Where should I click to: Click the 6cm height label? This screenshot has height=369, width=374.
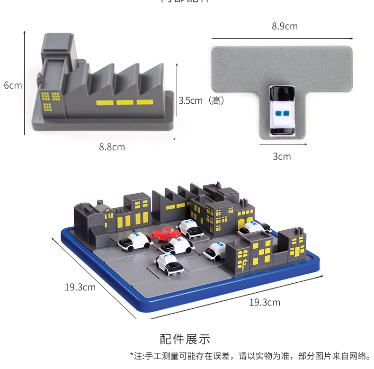point(13,86)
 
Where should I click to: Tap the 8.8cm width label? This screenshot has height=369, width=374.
point(112,147)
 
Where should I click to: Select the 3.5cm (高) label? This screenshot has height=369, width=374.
point(201,100)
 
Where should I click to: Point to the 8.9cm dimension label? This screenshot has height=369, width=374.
point(285,27)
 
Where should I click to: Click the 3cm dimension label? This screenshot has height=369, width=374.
point(282,156)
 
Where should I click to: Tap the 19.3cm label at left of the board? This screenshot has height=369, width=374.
point(80,287)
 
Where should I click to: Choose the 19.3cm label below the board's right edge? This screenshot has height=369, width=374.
point(265,302)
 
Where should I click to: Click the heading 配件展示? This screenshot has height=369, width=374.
point(185,339)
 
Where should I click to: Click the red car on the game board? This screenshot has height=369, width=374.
point(165,233)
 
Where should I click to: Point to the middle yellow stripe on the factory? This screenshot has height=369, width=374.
point(125,102)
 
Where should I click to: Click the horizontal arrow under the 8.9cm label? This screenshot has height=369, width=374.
point(282,38)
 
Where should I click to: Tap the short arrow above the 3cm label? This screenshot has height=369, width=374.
point(283,144)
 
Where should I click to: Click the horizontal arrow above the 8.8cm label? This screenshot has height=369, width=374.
point(103,139)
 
